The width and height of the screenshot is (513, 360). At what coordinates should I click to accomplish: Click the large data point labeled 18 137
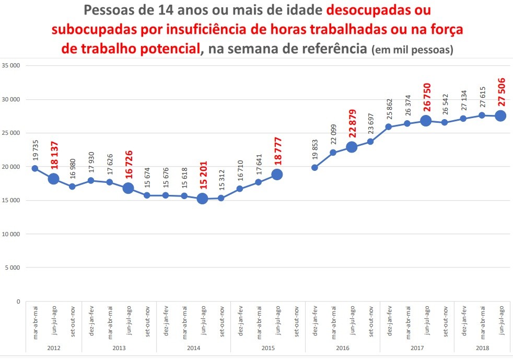(x=53, y=179)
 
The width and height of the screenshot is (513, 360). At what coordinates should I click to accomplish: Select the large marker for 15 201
(x=202, y=198)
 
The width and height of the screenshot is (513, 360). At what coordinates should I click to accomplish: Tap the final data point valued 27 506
(x=500, y=115)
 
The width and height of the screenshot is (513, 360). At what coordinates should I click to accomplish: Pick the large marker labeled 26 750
(x=426, y=120)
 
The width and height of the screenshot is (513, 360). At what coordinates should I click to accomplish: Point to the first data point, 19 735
(x=35, y=168)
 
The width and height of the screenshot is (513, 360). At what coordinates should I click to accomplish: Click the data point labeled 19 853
(x=314, y=168)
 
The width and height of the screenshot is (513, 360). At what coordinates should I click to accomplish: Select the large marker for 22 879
(x=352, y=147)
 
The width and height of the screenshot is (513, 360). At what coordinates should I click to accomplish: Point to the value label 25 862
(x=389, y=107)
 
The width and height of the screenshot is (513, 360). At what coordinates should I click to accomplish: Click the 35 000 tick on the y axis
(x=10, y=66)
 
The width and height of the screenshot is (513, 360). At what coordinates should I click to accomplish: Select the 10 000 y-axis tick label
(x=10, y=234)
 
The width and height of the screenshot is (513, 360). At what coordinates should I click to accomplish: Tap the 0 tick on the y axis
(x=17, y=301)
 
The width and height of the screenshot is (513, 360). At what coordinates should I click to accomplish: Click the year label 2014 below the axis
(x=193, y=347)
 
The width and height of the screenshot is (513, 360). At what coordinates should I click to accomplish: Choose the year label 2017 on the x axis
(x=417, y=347)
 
